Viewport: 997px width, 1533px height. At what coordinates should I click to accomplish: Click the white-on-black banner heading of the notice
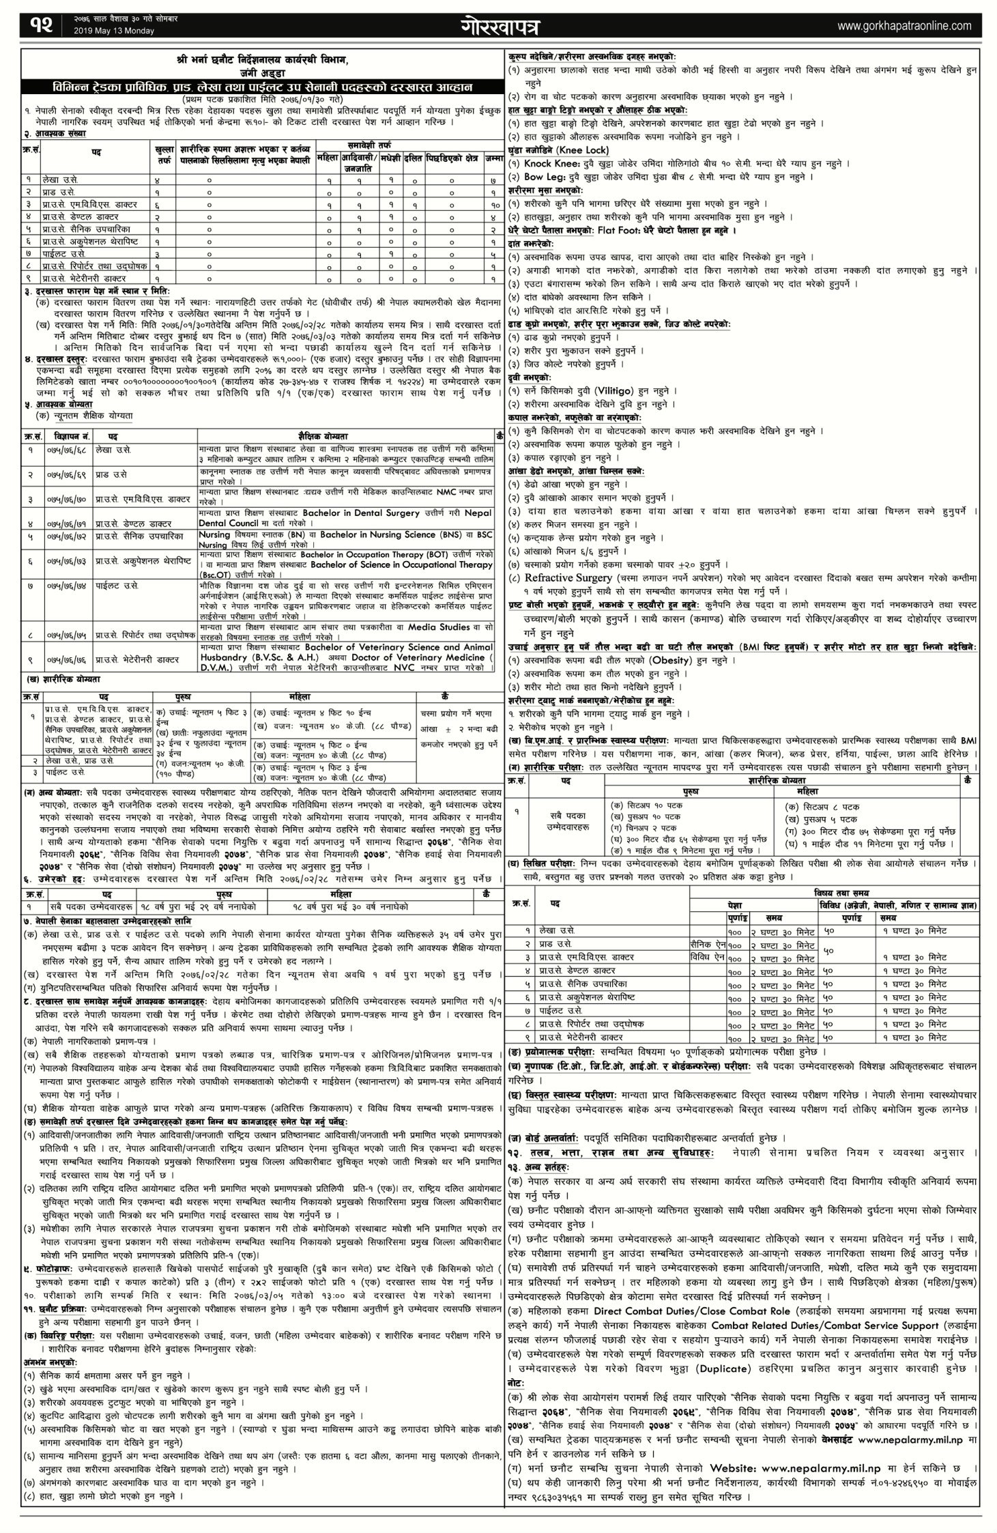click(250, 88)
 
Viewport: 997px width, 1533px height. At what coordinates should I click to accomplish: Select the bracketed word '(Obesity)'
click(672, 661)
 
